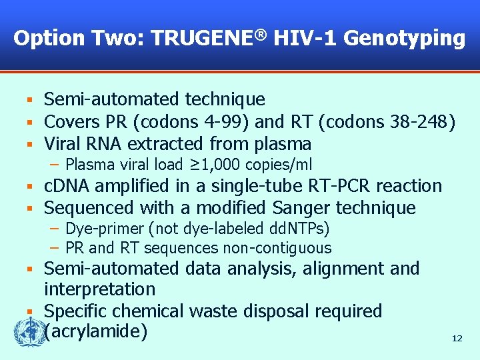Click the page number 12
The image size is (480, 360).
[x=457, y=339]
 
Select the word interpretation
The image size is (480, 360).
[x=99, y=289]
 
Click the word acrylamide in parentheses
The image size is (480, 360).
[x=95, y=331]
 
